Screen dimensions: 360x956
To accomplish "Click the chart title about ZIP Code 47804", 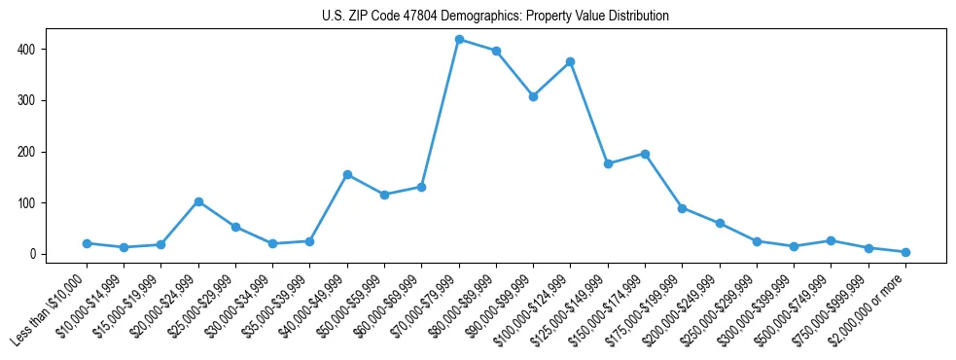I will (x=495, y=17).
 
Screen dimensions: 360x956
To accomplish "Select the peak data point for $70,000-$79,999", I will (x=459, y=40).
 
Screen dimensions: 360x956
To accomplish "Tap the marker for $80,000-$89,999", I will (x=496, y=51).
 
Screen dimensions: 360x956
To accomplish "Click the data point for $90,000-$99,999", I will (x=533, y=96).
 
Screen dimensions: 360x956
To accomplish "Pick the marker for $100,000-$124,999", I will (x=570, y=61).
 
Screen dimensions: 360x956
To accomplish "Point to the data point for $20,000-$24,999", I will (x=198, y=201).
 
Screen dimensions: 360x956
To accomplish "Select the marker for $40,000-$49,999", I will (x=347, y=174).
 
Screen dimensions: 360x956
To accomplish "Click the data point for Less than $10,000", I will (x=87, y=243).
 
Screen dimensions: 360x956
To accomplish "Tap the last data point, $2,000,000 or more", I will (x=905, y=252).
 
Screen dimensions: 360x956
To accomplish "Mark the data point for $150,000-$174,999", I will (x=645, y=154).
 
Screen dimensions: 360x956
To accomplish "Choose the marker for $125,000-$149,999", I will (x=608, y=163).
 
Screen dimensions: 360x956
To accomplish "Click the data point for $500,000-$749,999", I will (x=831, y=240).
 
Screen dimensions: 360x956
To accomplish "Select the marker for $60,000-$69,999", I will (x=421, y=187).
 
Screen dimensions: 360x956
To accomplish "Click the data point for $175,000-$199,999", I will (x=682, y=208).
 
